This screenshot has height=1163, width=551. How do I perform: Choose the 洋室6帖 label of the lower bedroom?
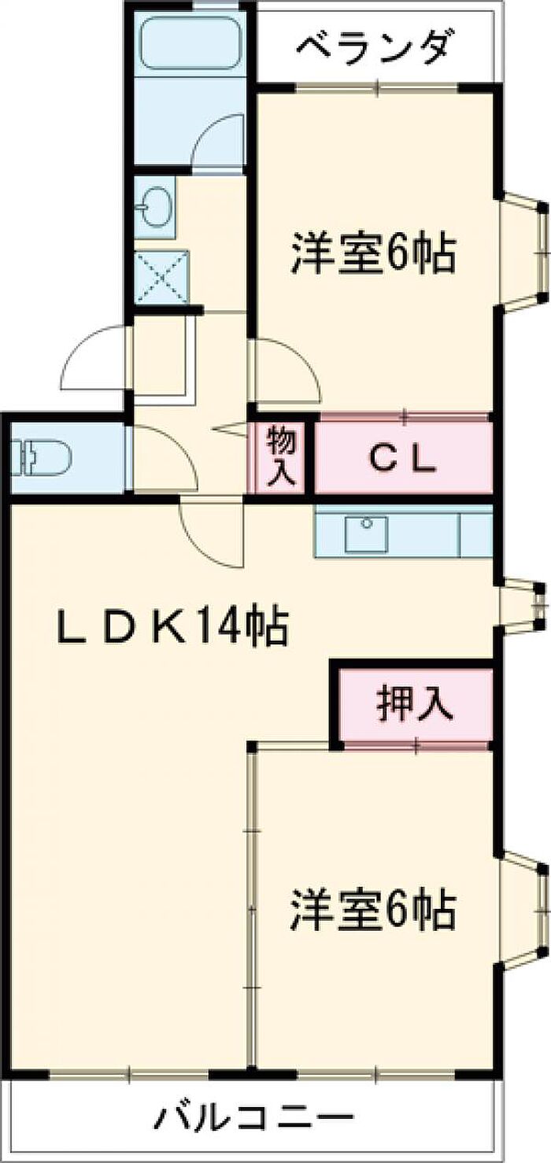coord(373,910)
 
